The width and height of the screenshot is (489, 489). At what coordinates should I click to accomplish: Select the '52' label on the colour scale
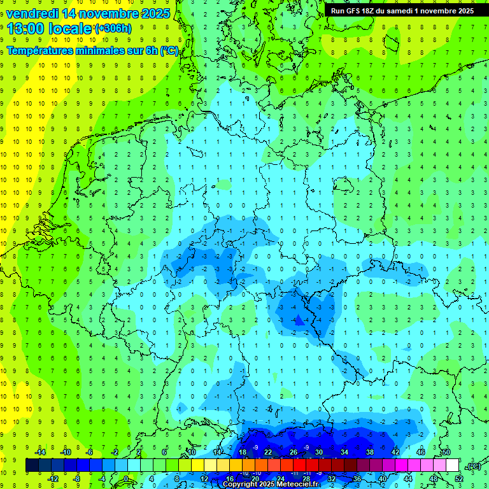[458, 479]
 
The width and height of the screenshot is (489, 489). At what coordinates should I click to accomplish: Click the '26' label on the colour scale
[294, 452]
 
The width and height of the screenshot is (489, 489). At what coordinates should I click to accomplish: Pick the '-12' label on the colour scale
[53, 479]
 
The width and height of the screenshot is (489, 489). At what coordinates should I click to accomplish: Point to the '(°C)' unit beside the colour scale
[473, 466]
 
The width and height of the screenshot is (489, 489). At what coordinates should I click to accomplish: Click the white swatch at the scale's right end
[452, 465]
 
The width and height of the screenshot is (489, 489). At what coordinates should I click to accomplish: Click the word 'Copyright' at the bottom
[241, 485]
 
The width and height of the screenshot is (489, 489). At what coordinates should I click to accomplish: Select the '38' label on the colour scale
[369, 452]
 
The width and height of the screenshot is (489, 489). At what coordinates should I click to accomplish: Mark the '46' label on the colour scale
[420, 452]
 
